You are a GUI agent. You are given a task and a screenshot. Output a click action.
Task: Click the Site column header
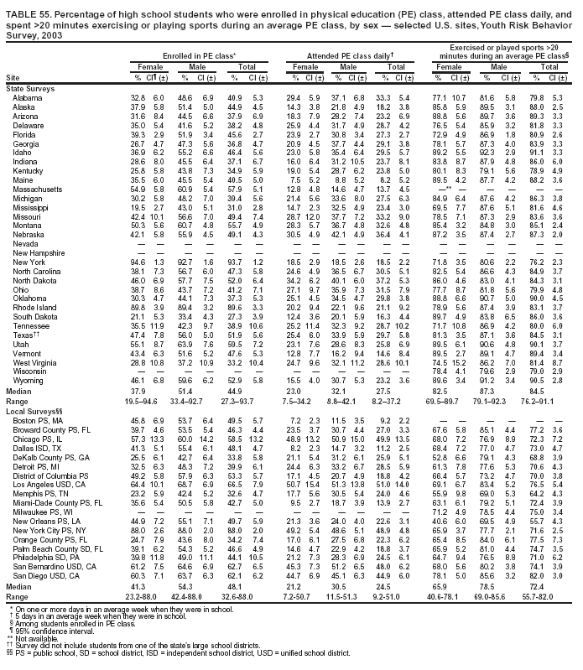[13, 77]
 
